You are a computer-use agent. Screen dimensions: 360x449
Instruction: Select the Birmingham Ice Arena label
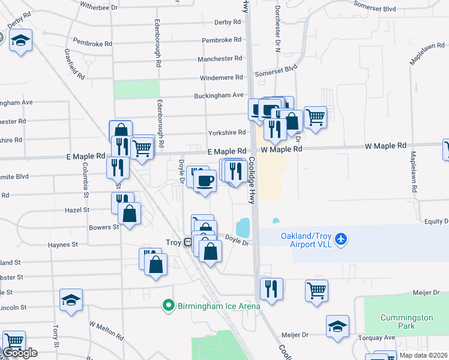click(x=218, y=306)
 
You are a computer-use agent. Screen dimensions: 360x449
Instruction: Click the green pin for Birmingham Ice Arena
click(x=170, y=306)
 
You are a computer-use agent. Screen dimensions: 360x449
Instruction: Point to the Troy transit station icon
click(x=188, y=242)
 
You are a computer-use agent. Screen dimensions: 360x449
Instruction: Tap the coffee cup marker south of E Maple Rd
click(x=205, y=180)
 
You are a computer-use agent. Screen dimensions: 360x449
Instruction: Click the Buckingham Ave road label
click(x=218, y=95)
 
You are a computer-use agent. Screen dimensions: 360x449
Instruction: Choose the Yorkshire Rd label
click(x=227, y=133)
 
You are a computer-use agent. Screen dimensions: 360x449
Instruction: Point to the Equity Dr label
click(x=436, y=221)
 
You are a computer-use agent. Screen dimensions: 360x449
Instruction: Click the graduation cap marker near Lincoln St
click(x=71, y=301)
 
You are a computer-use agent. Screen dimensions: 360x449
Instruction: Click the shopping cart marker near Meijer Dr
click(x=316, y=290)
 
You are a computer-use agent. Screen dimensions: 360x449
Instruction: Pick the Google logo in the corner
click(x=20, y=353)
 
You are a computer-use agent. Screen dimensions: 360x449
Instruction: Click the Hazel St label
click(x=78, y=211)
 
